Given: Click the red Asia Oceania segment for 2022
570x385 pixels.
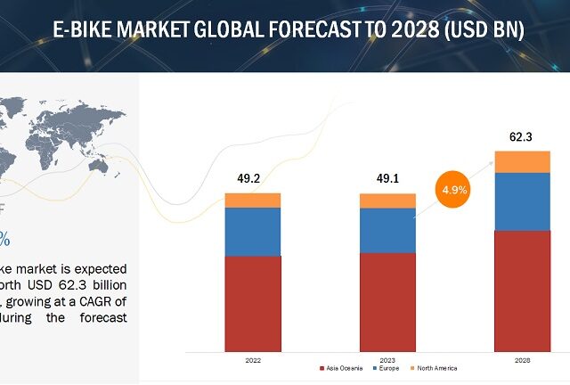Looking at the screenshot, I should pos(252,303).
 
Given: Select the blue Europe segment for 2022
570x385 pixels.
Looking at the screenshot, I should pos(252,232).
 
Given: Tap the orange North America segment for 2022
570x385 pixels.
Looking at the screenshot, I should pos(252,200).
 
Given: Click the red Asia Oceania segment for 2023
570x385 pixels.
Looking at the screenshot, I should pos(387,301).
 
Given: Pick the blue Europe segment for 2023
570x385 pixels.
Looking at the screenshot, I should pos(387,230).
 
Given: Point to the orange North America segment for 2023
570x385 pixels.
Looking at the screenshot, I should pos(387,201).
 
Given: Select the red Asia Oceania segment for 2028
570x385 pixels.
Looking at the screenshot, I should pos(522,290).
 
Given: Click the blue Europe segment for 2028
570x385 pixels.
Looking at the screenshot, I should pos(522,201).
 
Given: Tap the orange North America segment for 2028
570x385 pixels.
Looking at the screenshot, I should pos(522,161).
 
